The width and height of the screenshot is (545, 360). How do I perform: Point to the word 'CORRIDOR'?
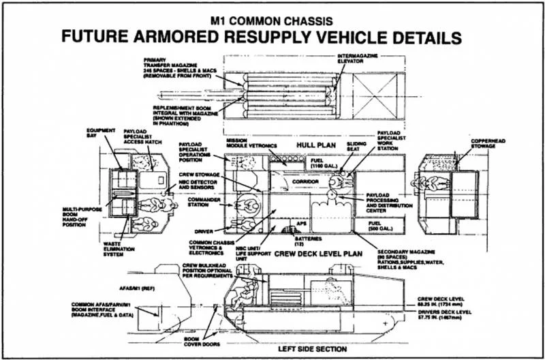point(305,183)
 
